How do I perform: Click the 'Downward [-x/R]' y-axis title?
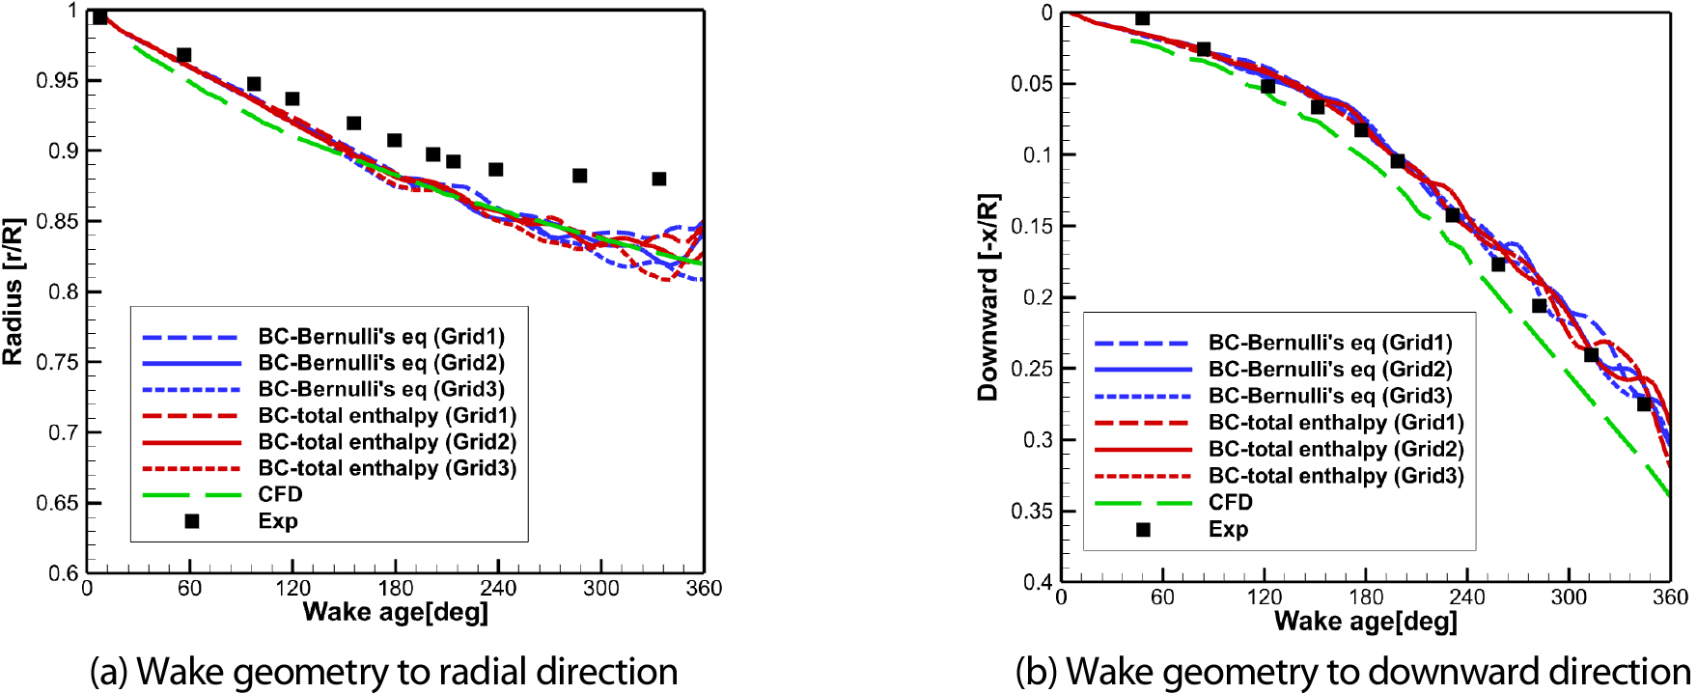tap(988, 296)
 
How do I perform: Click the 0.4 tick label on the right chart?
tap(1038, 582)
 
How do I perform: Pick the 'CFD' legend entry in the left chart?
tap(280, 494)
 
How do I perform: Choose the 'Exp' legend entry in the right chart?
tap(1228, 529)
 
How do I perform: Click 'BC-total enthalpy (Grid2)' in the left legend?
tap(386, 442)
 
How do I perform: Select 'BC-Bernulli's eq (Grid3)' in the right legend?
tap(1329, 396)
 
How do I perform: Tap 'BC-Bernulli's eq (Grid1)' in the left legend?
tap(380, 337)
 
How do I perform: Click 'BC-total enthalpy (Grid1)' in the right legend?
tap(1335, 423)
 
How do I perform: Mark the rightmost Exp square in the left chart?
tap(659, 179)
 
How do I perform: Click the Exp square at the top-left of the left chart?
tap(99, 16)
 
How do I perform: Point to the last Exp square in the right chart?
tap(1644, 403)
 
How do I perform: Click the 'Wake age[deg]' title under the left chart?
tap(395, 612)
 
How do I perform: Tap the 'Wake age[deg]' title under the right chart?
tap(1365, 621)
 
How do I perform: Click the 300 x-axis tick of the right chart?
tap(1569, 597)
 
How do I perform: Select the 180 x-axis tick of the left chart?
tap(395, 588)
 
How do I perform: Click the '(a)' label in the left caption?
tap(109, 672)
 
